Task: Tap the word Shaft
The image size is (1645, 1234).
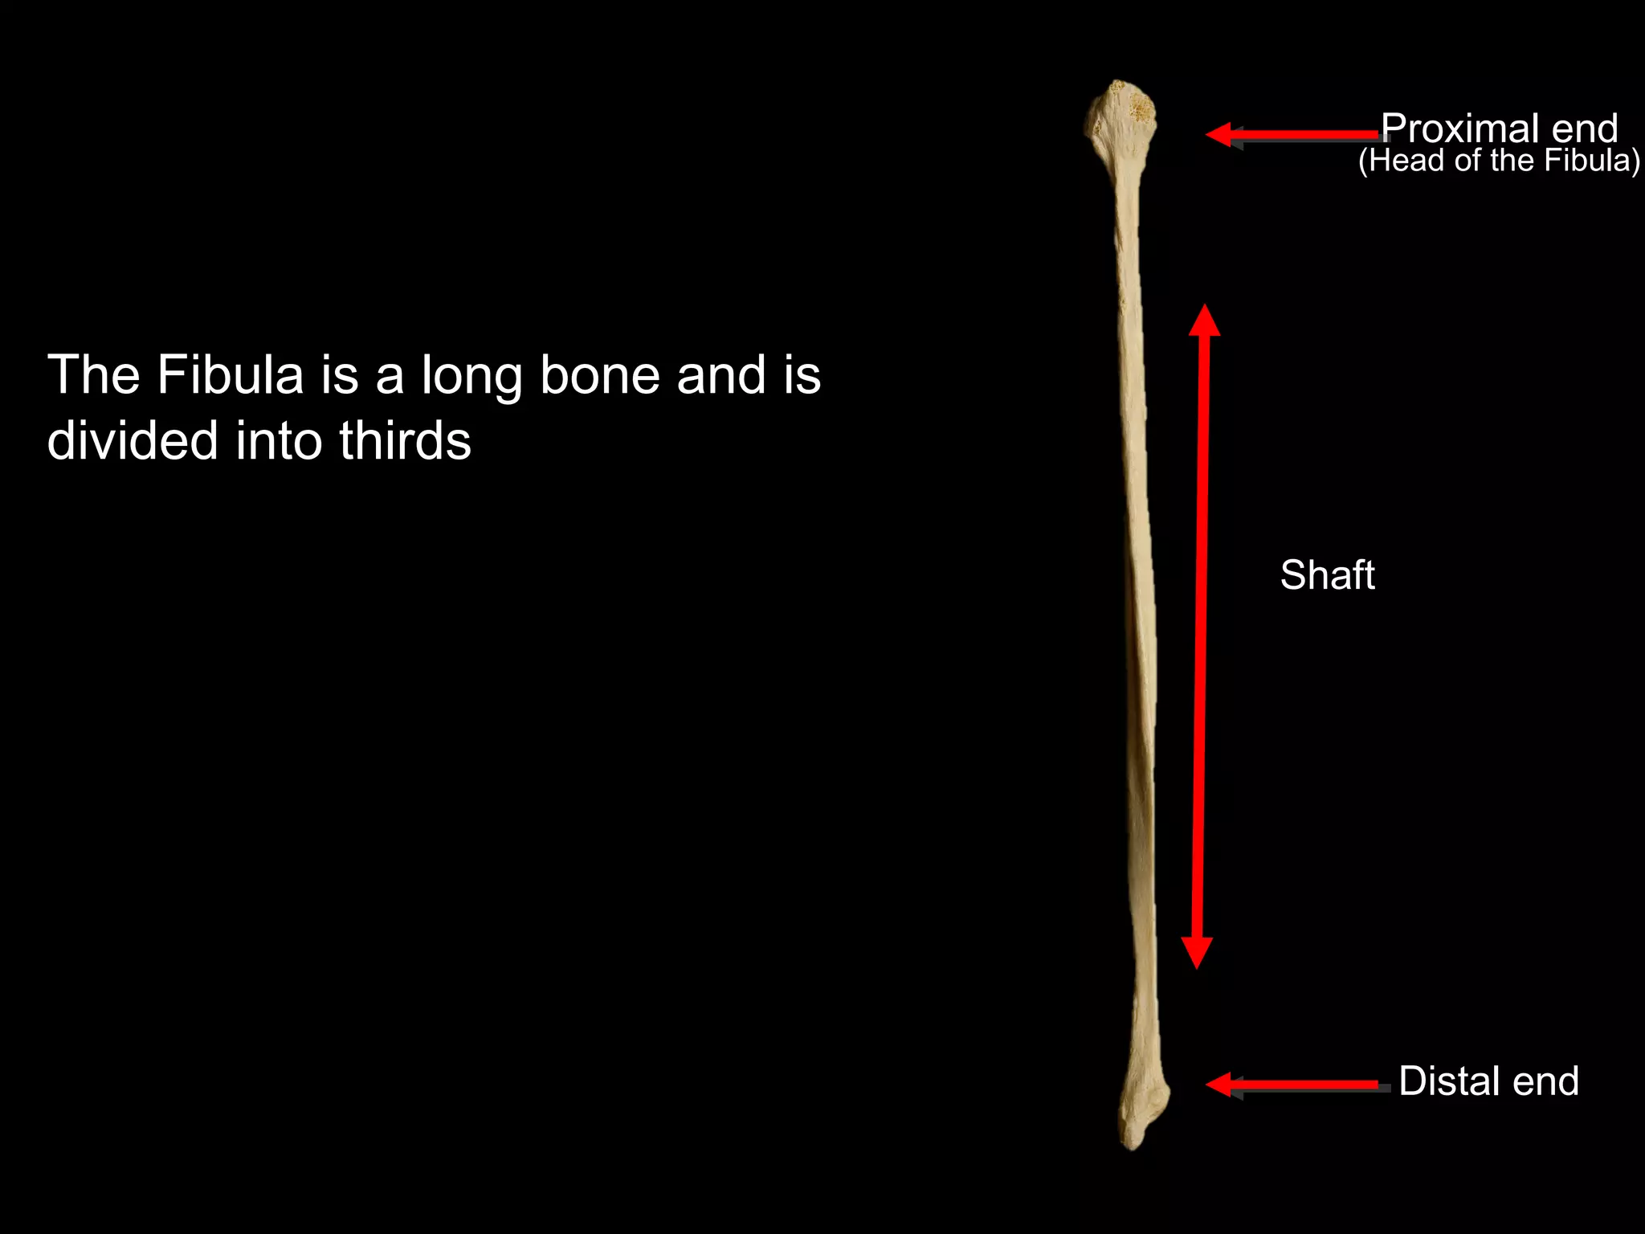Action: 1327,575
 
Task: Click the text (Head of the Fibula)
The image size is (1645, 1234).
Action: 1499,161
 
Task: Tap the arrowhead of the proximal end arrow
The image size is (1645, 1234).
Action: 1219,134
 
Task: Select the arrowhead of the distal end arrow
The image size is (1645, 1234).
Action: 1219,1085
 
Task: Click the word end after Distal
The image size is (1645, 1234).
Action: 1545,1081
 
